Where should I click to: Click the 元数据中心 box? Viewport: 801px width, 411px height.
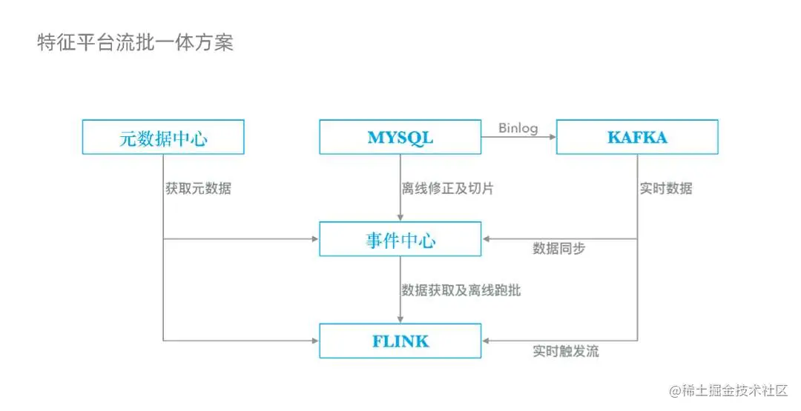(162, 137)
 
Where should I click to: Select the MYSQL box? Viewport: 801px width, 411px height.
(400, 137)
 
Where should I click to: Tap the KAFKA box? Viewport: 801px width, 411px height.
(637, 137)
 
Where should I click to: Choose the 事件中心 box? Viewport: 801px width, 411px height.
(400, 239)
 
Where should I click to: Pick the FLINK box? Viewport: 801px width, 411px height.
(400, 341)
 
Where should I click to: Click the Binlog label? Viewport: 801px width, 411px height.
(518, 128)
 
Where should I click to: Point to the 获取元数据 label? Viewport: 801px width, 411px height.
(198, 188)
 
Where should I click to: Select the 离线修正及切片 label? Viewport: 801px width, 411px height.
(447, 188)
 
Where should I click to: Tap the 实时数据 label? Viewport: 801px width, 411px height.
(666, 188)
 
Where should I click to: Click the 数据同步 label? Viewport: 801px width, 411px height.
(558, 249)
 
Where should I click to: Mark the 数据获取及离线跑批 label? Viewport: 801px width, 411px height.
(461, 290)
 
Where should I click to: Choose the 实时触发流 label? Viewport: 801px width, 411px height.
(565, 351)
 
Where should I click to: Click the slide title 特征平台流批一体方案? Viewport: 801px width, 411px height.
(135, 42)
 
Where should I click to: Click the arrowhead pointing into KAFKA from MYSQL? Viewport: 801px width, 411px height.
(552, 137)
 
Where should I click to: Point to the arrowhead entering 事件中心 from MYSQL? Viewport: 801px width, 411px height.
(400, 218)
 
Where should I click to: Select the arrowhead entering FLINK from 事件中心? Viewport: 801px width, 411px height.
(400, 319)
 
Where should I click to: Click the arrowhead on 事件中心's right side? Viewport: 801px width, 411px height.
(486, 239)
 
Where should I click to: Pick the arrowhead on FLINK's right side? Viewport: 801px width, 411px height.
(486, 341)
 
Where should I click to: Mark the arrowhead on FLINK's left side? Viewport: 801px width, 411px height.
(314, 341)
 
